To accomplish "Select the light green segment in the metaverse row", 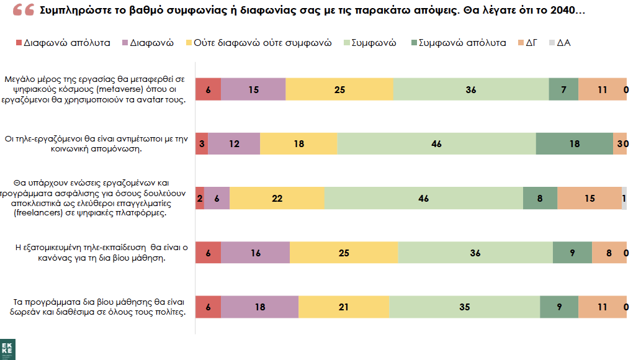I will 471,89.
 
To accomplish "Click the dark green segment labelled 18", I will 574,143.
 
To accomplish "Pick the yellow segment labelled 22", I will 277,198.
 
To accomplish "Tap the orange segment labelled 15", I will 589,198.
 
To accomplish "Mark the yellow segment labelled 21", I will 344,307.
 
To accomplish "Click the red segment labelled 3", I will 202,143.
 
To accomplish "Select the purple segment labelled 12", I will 234,143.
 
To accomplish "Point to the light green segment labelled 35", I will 465,307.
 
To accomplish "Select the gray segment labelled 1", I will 624,198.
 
